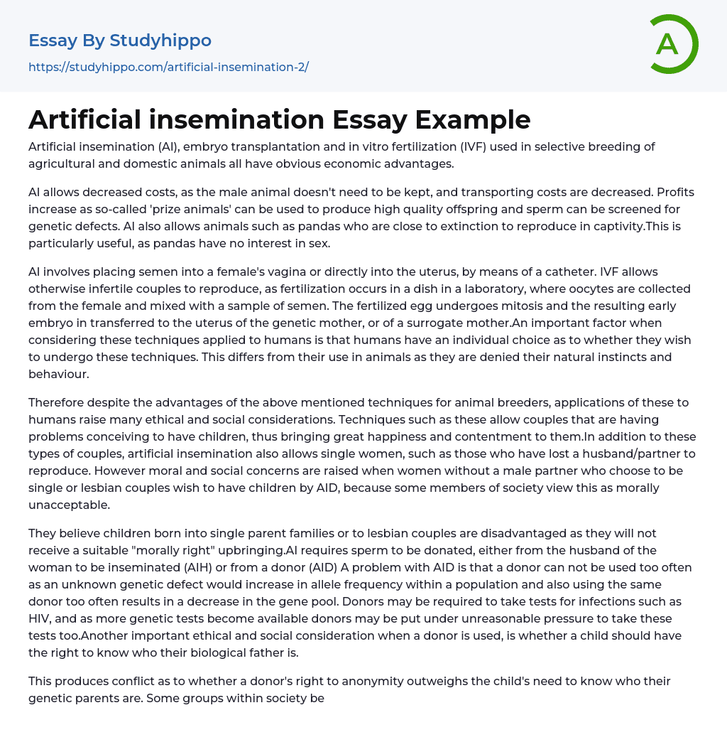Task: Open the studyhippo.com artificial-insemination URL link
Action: [168, 67]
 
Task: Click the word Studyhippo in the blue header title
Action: [160, 41]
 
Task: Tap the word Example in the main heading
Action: [473, 119]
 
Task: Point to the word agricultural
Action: [62, 163]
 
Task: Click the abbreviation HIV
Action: [40, 618]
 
